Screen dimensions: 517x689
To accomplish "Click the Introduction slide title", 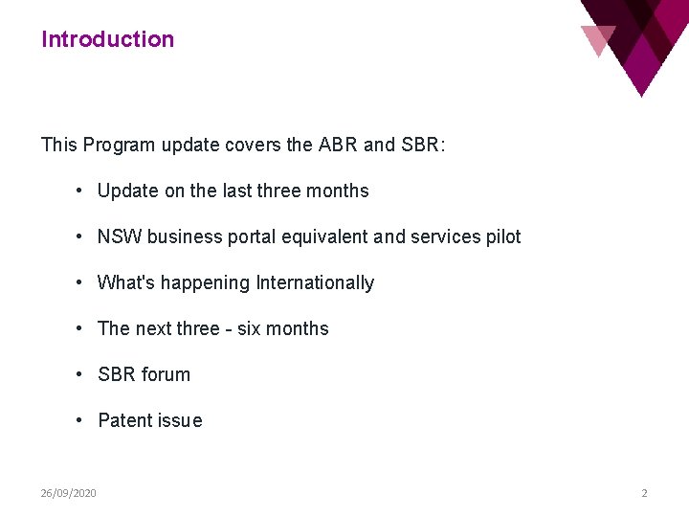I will click(x=107, y=39).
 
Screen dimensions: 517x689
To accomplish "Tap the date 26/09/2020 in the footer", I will click(x=68, y=493).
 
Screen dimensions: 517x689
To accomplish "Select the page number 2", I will click(x=644, y=493).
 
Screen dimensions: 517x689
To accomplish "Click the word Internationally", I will click(x=315, y=282).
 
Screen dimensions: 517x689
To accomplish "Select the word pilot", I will click(x=503, y=236).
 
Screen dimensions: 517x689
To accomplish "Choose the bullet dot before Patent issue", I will click(x=81, y=420).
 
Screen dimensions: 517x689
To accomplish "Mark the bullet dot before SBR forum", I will click(x=81, y=374).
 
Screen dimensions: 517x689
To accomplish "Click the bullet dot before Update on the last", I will click(x=81, y=191).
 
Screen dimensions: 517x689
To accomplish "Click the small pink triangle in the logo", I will click(x=597, y=39).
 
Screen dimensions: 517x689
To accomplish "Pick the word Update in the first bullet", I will click(x=128, y=191).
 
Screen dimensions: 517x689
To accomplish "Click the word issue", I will click(x=181, y=420).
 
